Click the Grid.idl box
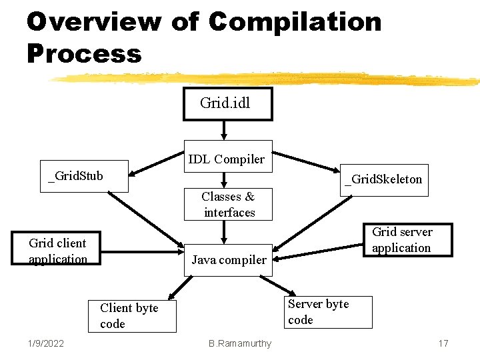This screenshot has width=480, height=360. [x=227, y=104]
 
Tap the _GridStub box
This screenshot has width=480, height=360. [x=74, y=177]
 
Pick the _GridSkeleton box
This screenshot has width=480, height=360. [x=383, y=180]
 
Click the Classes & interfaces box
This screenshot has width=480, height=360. [x=229, y=204]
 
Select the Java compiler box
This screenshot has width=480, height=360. [x=228, y=260]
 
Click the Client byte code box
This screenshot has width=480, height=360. [x=132, y=316]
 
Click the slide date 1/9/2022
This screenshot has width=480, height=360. [x=46, y=343]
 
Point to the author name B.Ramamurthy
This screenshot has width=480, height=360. [x=240, y=343]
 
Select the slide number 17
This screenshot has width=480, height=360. [x=443, y=343]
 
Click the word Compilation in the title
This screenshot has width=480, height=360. [x=295, y=21]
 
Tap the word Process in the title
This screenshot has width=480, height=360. [x=84, y=53]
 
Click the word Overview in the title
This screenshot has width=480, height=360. [x=93, y=21]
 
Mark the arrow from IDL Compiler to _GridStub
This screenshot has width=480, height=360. [x=156, y=170]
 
